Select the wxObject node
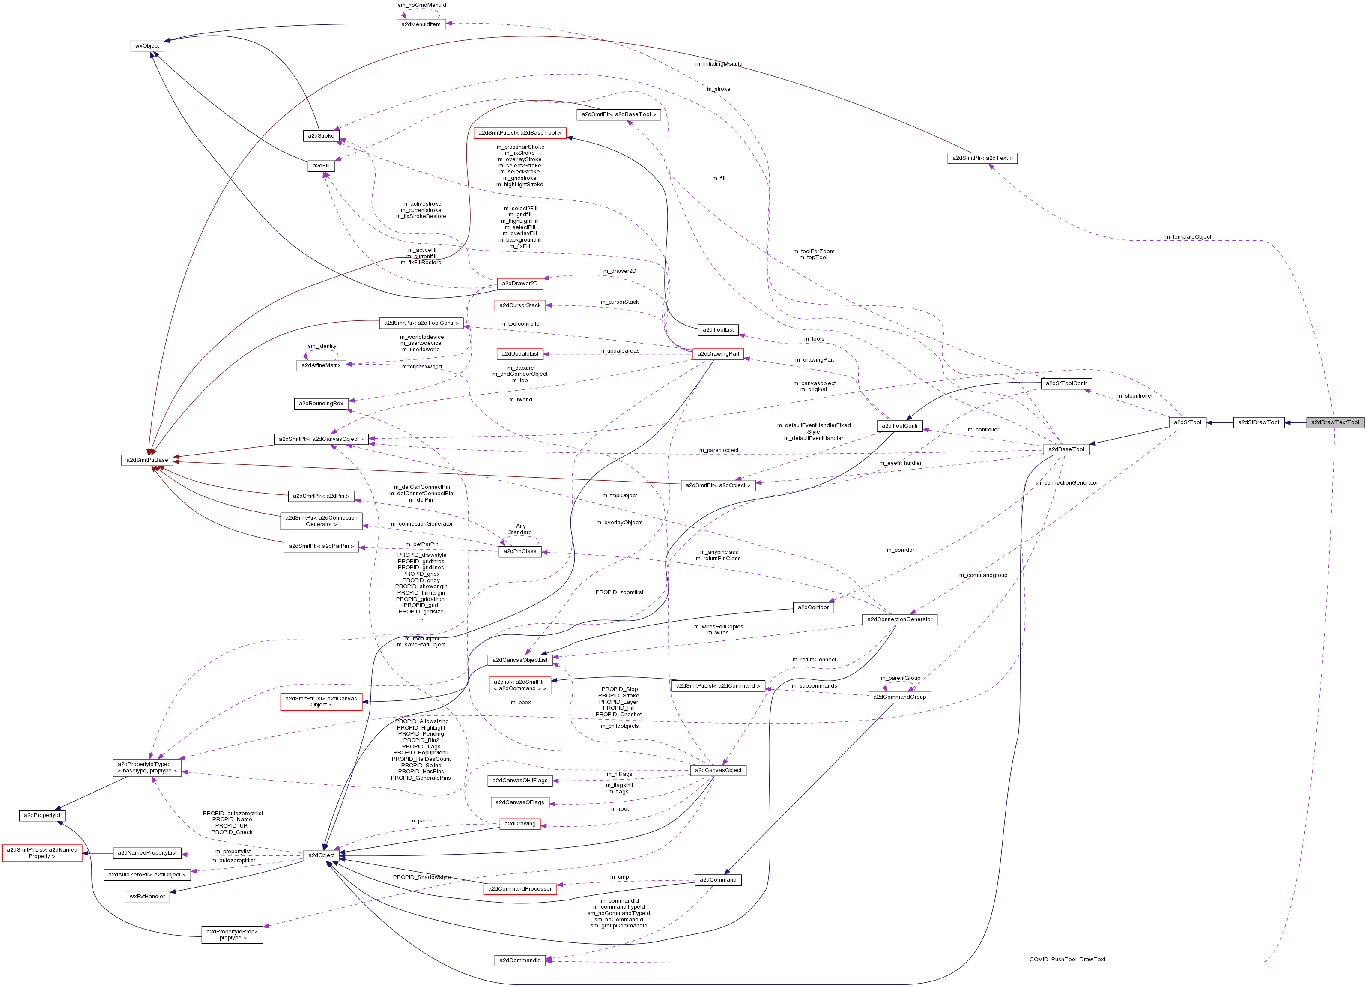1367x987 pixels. (147, 46)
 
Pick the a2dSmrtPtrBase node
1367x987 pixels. (147, 460)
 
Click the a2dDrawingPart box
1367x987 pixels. (718, 354)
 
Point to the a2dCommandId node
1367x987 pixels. (520, 960)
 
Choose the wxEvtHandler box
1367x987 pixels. (147, 897)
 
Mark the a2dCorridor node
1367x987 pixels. (813, 607)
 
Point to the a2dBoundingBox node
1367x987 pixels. (321, 404)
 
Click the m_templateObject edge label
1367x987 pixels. (1188, 237)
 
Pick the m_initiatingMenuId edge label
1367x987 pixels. (719, 64)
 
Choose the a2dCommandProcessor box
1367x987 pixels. (519, 889)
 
